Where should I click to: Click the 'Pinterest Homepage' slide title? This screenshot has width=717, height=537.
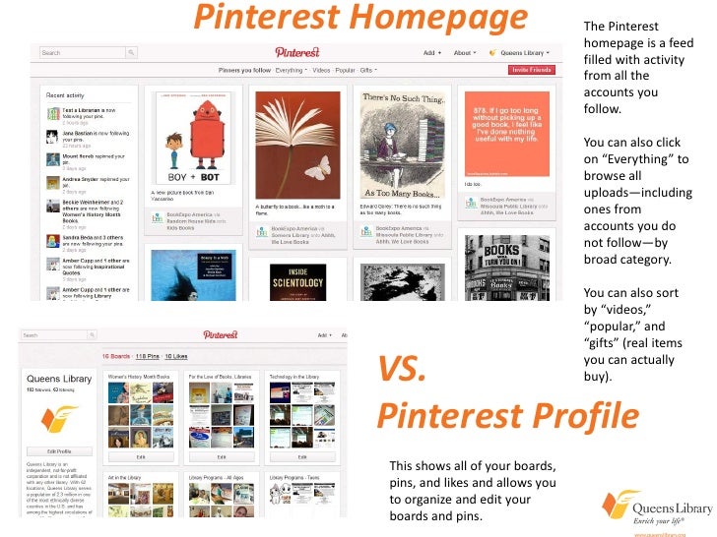point(359,19)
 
